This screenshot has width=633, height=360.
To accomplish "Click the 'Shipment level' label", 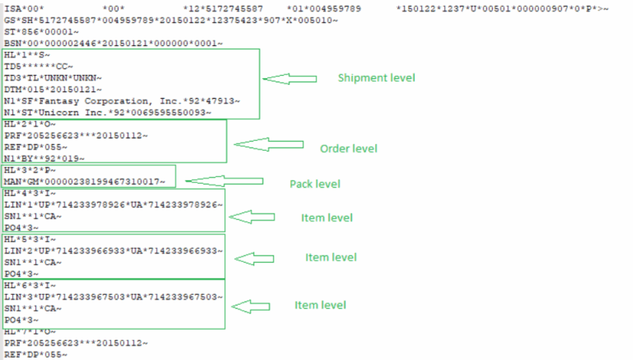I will coord(377,77).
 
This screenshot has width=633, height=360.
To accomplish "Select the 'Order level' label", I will coord(348,148).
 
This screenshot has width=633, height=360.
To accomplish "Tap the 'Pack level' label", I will coord(314,184).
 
